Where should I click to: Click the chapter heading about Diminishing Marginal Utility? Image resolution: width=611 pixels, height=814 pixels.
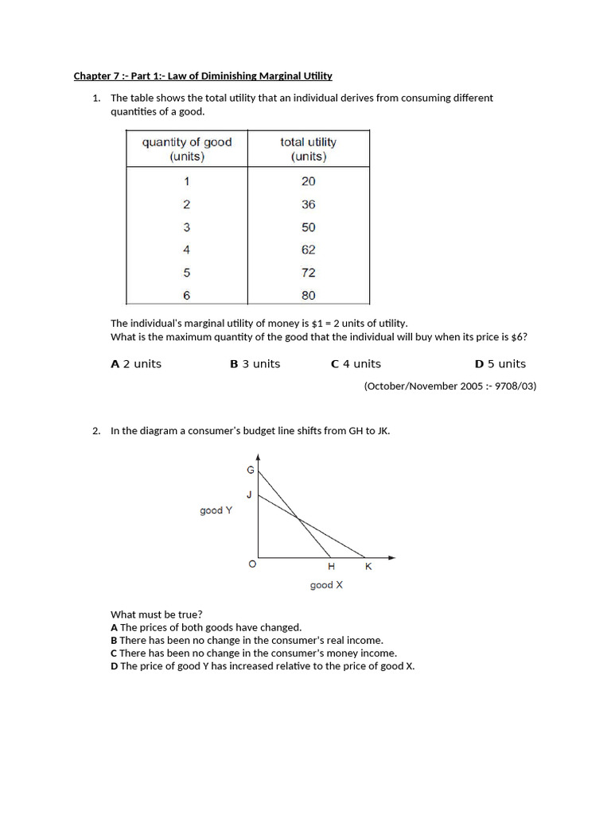coord(203,76)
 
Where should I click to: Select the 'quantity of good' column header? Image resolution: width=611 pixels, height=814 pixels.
coord(187,149)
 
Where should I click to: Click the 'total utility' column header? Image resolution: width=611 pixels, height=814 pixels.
coord(308,149)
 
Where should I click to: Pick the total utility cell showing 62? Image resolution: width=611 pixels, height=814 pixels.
coord(308,250)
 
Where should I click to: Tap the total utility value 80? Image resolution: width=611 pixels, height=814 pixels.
coord(308,296)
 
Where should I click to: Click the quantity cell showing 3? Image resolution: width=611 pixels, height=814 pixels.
coord(187,227)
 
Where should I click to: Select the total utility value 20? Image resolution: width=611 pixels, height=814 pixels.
coord(308,181)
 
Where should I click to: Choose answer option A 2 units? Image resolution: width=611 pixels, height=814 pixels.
coord(136,364)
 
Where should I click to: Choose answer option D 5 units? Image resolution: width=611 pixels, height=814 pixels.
coord(500,364)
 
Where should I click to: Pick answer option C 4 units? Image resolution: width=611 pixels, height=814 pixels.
coord(356,364)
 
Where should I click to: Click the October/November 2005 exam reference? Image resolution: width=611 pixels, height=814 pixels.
coord(449,386)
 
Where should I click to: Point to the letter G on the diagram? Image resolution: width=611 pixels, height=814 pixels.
coord(250,471)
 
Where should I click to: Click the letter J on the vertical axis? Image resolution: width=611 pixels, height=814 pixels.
coord(249,494)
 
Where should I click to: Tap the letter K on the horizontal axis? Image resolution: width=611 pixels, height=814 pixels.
coord(368,567)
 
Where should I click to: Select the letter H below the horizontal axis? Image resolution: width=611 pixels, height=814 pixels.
coord(331,567)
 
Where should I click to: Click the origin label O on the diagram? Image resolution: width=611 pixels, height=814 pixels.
coord(252,565)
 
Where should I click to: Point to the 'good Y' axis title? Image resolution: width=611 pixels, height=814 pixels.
coord(216,510)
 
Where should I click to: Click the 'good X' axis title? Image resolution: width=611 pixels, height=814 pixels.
coord(326,585)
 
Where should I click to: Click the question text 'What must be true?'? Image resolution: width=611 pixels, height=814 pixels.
coord(156,614)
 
